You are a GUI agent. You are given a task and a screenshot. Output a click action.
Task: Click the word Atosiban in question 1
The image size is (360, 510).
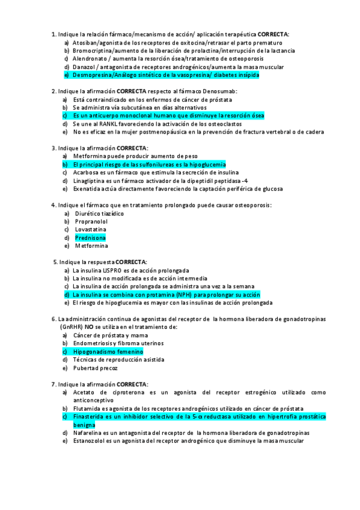[x=85, y=43]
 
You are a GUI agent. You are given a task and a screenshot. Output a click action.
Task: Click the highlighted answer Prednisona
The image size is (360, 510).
[x=90, y=238]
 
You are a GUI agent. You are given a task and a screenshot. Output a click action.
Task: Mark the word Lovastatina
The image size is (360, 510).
[x=91, y=230]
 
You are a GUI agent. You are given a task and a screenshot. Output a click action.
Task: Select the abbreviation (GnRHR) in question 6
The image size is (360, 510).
[x=73, y=327]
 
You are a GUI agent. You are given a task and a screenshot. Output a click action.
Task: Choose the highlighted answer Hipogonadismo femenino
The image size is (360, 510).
[x=108, y=351]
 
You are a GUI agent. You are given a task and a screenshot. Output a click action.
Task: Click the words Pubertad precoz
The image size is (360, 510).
[x=96, y=367]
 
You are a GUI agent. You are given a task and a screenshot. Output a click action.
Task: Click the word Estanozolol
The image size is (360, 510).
[x=91, y=441]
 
